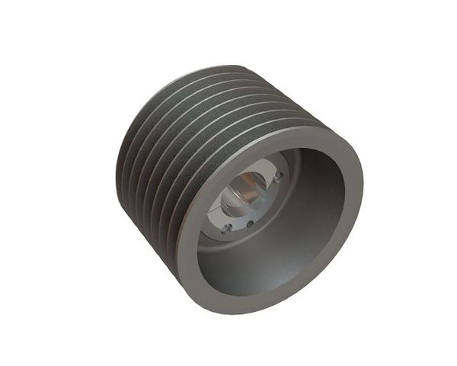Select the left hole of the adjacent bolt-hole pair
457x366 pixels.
pos(227,227)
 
